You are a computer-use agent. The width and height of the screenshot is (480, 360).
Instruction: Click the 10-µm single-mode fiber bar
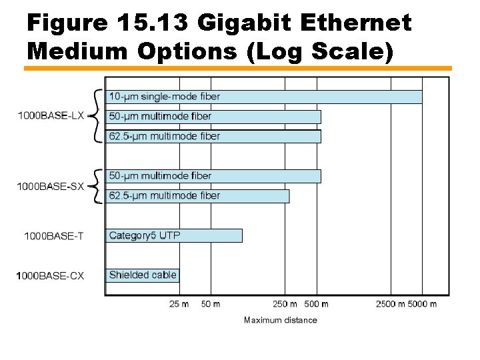[x=264, y=97]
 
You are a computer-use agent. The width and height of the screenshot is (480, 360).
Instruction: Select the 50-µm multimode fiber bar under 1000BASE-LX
[x=213, y=117]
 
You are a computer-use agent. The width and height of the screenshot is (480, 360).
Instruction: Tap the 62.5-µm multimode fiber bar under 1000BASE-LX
[x=213, y=136]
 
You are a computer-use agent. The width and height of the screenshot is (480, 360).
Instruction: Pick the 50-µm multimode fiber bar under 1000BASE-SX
[x=213, y=176]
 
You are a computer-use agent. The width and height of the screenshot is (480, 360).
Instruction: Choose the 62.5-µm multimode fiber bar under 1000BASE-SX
[x=198, y=196]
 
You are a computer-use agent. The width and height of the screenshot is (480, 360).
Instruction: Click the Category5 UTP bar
[x=174, y=235]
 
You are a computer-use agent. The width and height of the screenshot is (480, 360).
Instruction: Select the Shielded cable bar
[x=143, y=275]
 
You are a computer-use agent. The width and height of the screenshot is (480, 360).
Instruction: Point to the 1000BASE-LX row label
[x=51, y=116]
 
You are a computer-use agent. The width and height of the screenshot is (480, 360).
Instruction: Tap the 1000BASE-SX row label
[x=51, y=187]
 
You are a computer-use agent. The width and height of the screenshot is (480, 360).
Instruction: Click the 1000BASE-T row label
[x=54, y=236]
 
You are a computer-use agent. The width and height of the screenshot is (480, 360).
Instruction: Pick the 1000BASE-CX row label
[x=51, y=275]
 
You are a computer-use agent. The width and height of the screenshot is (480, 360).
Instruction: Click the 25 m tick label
[x=179, y=304]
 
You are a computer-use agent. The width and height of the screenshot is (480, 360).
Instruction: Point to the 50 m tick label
[x=211, y=304]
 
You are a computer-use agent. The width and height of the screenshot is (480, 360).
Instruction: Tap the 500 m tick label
[x=316, y=304]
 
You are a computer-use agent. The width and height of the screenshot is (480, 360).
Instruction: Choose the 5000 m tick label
[x=423, y=304]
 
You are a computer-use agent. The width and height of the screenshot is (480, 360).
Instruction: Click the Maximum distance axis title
[x=281, y=320]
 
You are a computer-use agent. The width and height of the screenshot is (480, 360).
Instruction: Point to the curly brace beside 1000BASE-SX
[x=97, y=187]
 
